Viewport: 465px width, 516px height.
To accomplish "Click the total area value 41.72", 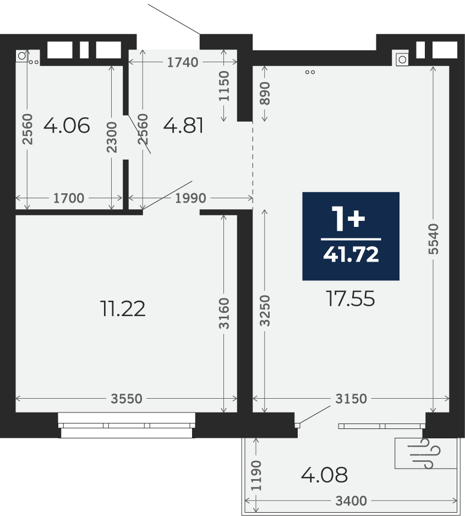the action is tap(351, 254).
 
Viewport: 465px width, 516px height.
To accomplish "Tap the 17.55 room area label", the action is tap(350, 299).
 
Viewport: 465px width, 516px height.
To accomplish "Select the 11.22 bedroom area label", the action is tap(123, 309).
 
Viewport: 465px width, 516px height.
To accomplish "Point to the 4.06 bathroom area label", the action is tap(67, 126).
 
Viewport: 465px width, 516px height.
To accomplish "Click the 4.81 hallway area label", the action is tap(183, 126).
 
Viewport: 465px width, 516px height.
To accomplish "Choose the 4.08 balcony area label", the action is tap(324, 475).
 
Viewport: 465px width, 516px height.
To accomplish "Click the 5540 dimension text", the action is tap(434, 239).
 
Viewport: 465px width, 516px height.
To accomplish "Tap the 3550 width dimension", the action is tap(126, 399).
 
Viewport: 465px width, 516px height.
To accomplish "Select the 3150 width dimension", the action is tap(351, 399).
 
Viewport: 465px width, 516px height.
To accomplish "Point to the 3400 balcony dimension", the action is tap(351, 501).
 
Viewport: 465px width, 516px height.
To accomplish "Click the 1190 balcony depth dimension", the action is tap(256, 475).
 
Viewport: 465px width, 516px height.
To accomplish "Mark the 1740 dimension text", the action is tap(183, 62).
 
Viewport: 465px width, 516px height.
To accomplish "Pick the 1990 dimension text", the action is tap(190, 198).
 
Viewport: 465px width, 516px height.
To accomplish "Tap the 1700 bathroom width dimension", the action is tap(69, 198).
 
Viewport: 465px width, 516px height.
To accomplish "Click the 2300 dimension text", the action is tap(112, 137).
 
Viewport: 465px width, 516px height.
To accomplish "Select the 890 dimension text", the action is tap(265, 94).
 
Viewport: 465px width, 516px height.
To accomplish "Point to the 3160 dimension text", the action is tap(224, 313).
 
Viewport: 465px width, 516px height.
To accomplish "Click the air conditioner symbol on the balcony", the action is tap(426, 453).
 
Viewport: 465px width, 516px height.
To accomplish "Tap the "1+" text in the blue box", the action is tap(348, 219).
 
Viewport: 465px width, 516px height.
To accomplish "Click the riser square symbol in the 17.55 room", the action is tap(402, 59).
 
